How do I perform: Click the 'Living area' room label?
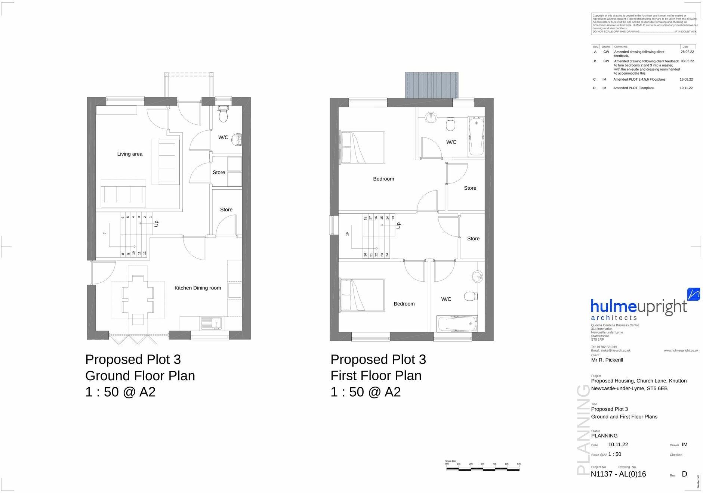pos(130,154)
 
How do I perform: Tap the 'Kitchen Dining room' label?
pos(198,288)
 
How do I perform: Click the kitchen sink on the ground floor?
pos(211,323)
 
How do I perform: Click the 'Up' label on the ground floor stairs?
pos(157,223)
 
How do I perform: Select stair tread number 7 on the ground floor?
pos(105,233)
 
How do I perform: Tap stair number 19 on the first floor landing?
pos(348,234)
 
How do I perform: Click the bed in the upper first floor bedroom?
pos(362,147)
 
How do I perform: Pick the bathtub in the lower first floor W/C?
pos(457,323)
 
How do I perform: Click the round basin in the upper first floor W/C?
pos(431,117)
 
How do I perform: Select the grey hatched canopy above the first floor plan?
pos(432,85)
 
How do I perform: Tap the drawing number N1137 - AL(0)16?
pos(618,474)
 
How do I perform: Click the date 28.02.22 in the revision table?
pos(687,52)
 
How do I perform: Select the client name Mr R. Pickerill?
pos(607,360)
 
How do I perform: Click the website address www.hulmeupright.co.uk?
pos(681,350)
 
